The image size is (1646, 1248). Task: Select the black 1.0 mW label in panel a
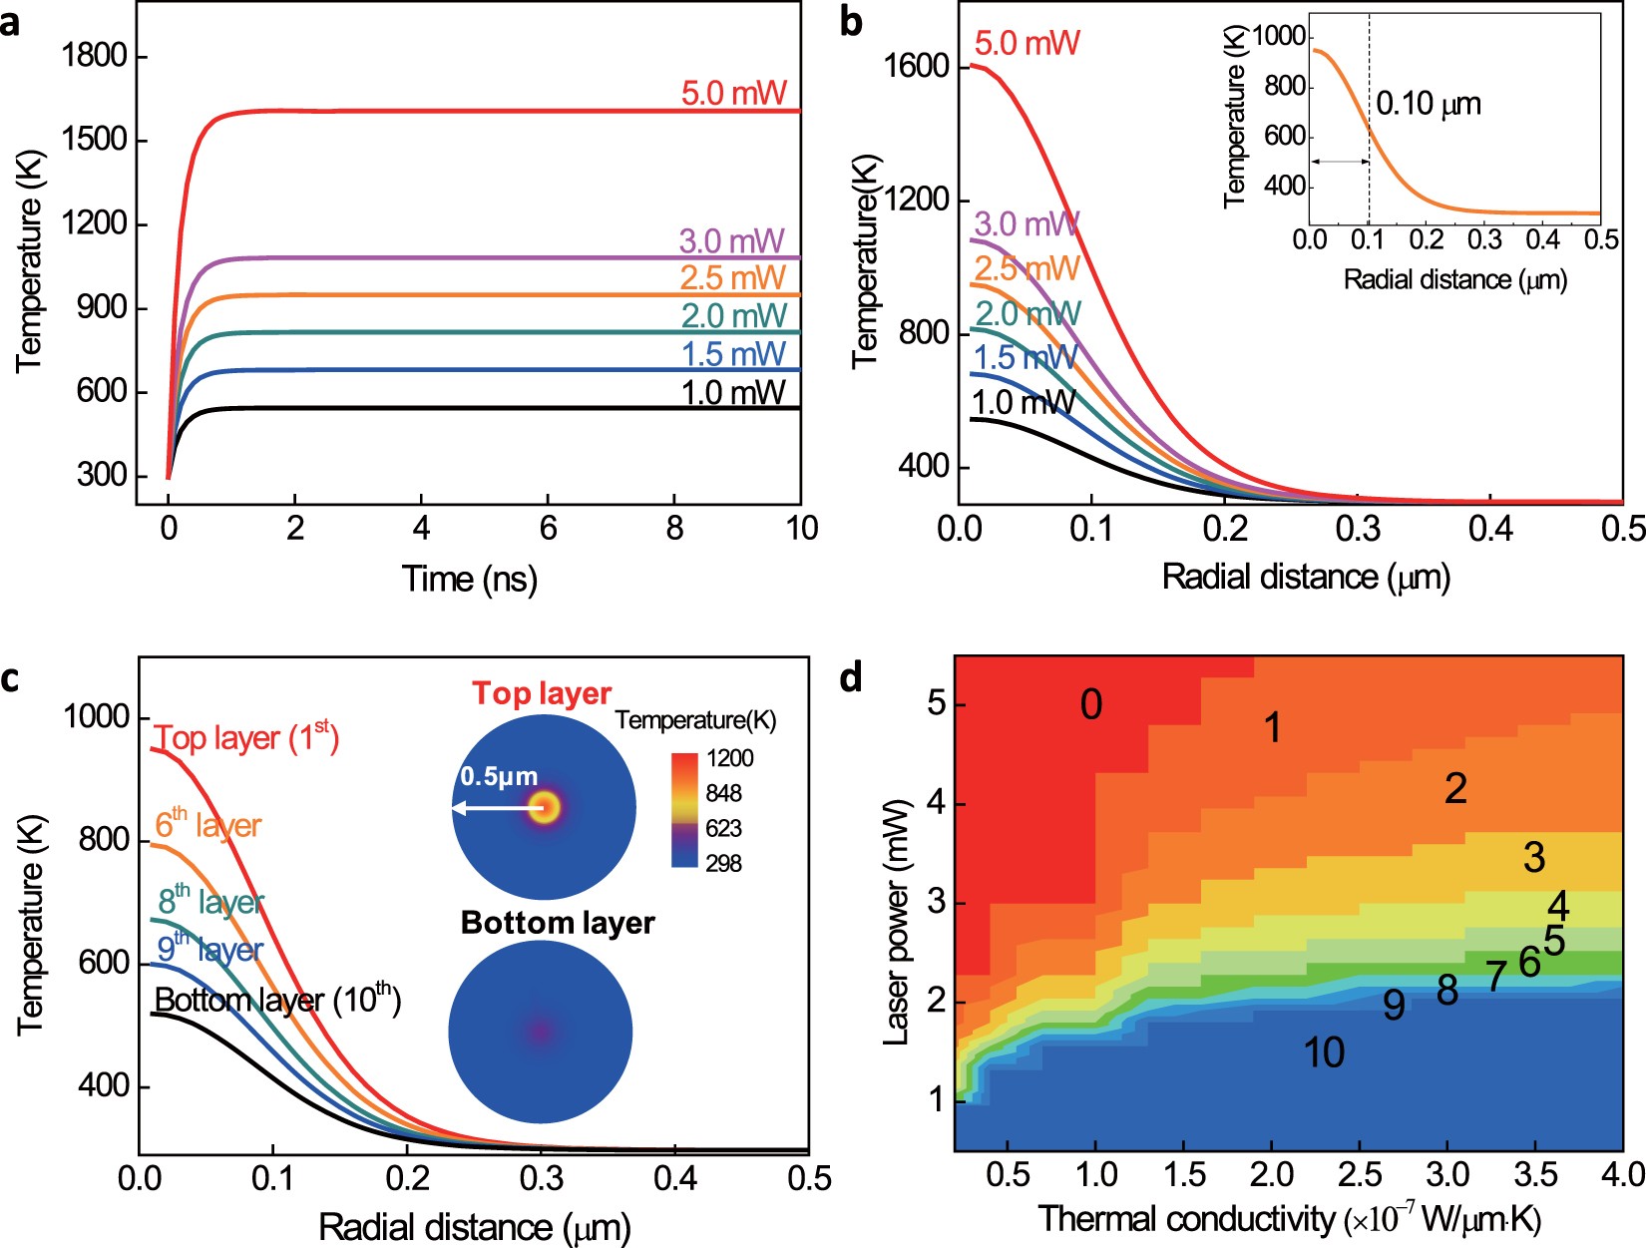[733, 393]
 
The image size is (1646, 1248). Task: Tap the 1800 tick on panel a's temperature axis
[95, 56]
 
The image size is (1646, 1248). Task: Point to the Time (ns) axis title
[469, 579]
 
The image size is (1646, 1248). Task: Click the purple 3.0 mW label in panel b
[1026, 223]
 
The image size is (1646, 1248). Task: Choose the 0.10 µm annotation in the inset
[1428, 104]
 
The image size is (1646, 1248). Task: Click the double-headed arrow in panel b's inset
[1339, 162]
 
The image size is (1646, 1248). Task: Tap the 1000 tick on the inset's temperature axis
[1278, 37]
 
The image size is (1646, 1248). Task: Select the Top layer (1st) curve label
[246, 738]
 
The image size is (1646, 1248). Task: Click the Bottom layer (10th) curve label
[277, 1000]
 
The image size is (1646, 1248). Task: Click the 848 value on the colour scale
[723, 793]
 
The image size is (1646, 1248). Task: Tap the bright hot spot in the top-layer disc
[545, 807]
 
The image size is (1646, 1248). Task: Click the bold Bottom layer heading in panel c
[558, 923]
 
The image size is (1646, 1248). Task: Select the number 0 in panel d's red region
[1091, 705]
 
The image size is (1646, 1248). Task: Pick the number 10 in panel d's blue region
[1324, 1052]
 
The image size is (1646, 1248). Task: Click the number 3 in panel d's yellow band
[1534, 857]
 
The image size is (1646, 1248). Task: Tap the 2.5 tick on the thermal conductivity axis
[1360, 1174]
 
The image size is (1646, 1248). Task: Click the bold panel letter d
[851, 677]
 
